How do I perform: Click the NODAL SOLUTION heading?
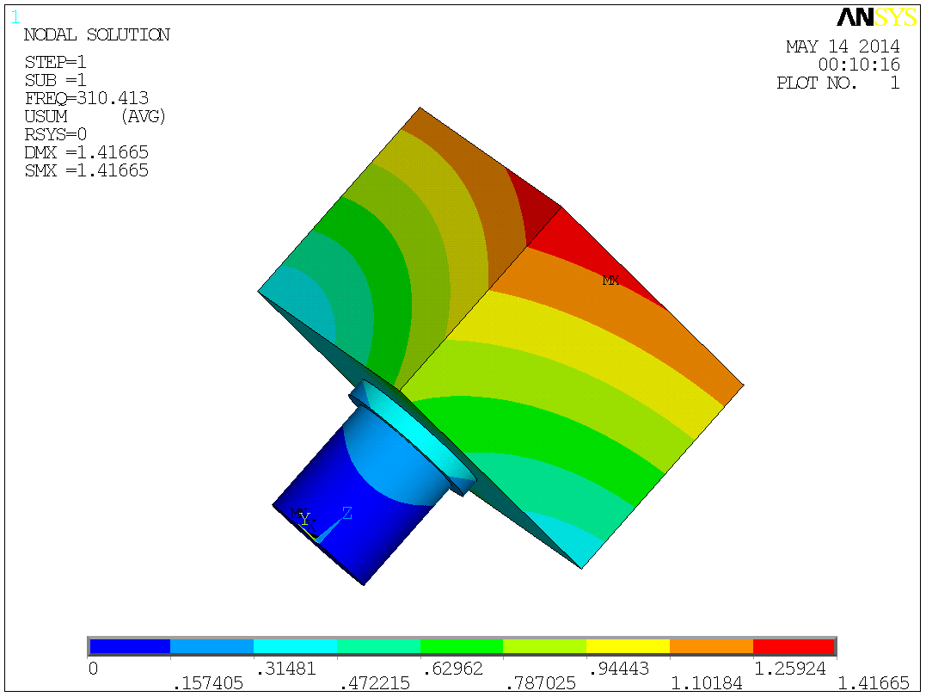(x=96, y=35)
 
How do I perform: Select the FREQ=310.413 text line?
(x=86, y=98)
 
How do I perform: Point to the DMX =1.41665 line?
(x=86, y=152)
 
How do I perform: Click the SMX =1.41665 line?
(x=86, y=170)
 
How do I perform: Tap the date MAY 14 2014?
(x=843, y=46)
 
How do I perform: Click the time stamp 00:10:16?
(x=859, y=65)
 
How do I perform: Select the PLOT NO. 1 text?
(x=837, y=83)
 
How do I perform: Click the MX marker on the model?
(x=610, y=281)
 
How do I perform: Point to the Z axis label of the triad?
(x=346, y=514)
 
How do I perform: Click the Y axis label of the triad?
(x=304, y=518)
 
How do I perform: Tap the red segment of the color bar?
(x=794, y=646)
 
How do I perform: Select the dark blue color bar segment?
(x=129, y=646)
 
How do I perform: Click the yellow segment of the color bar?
(x=628, y=646)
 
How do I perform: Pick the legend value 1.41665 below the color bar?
(x=873, y=683)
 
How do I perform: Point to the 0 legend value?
(x=94, y=668)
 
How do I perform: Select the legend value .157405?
(x=208, y=683)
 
